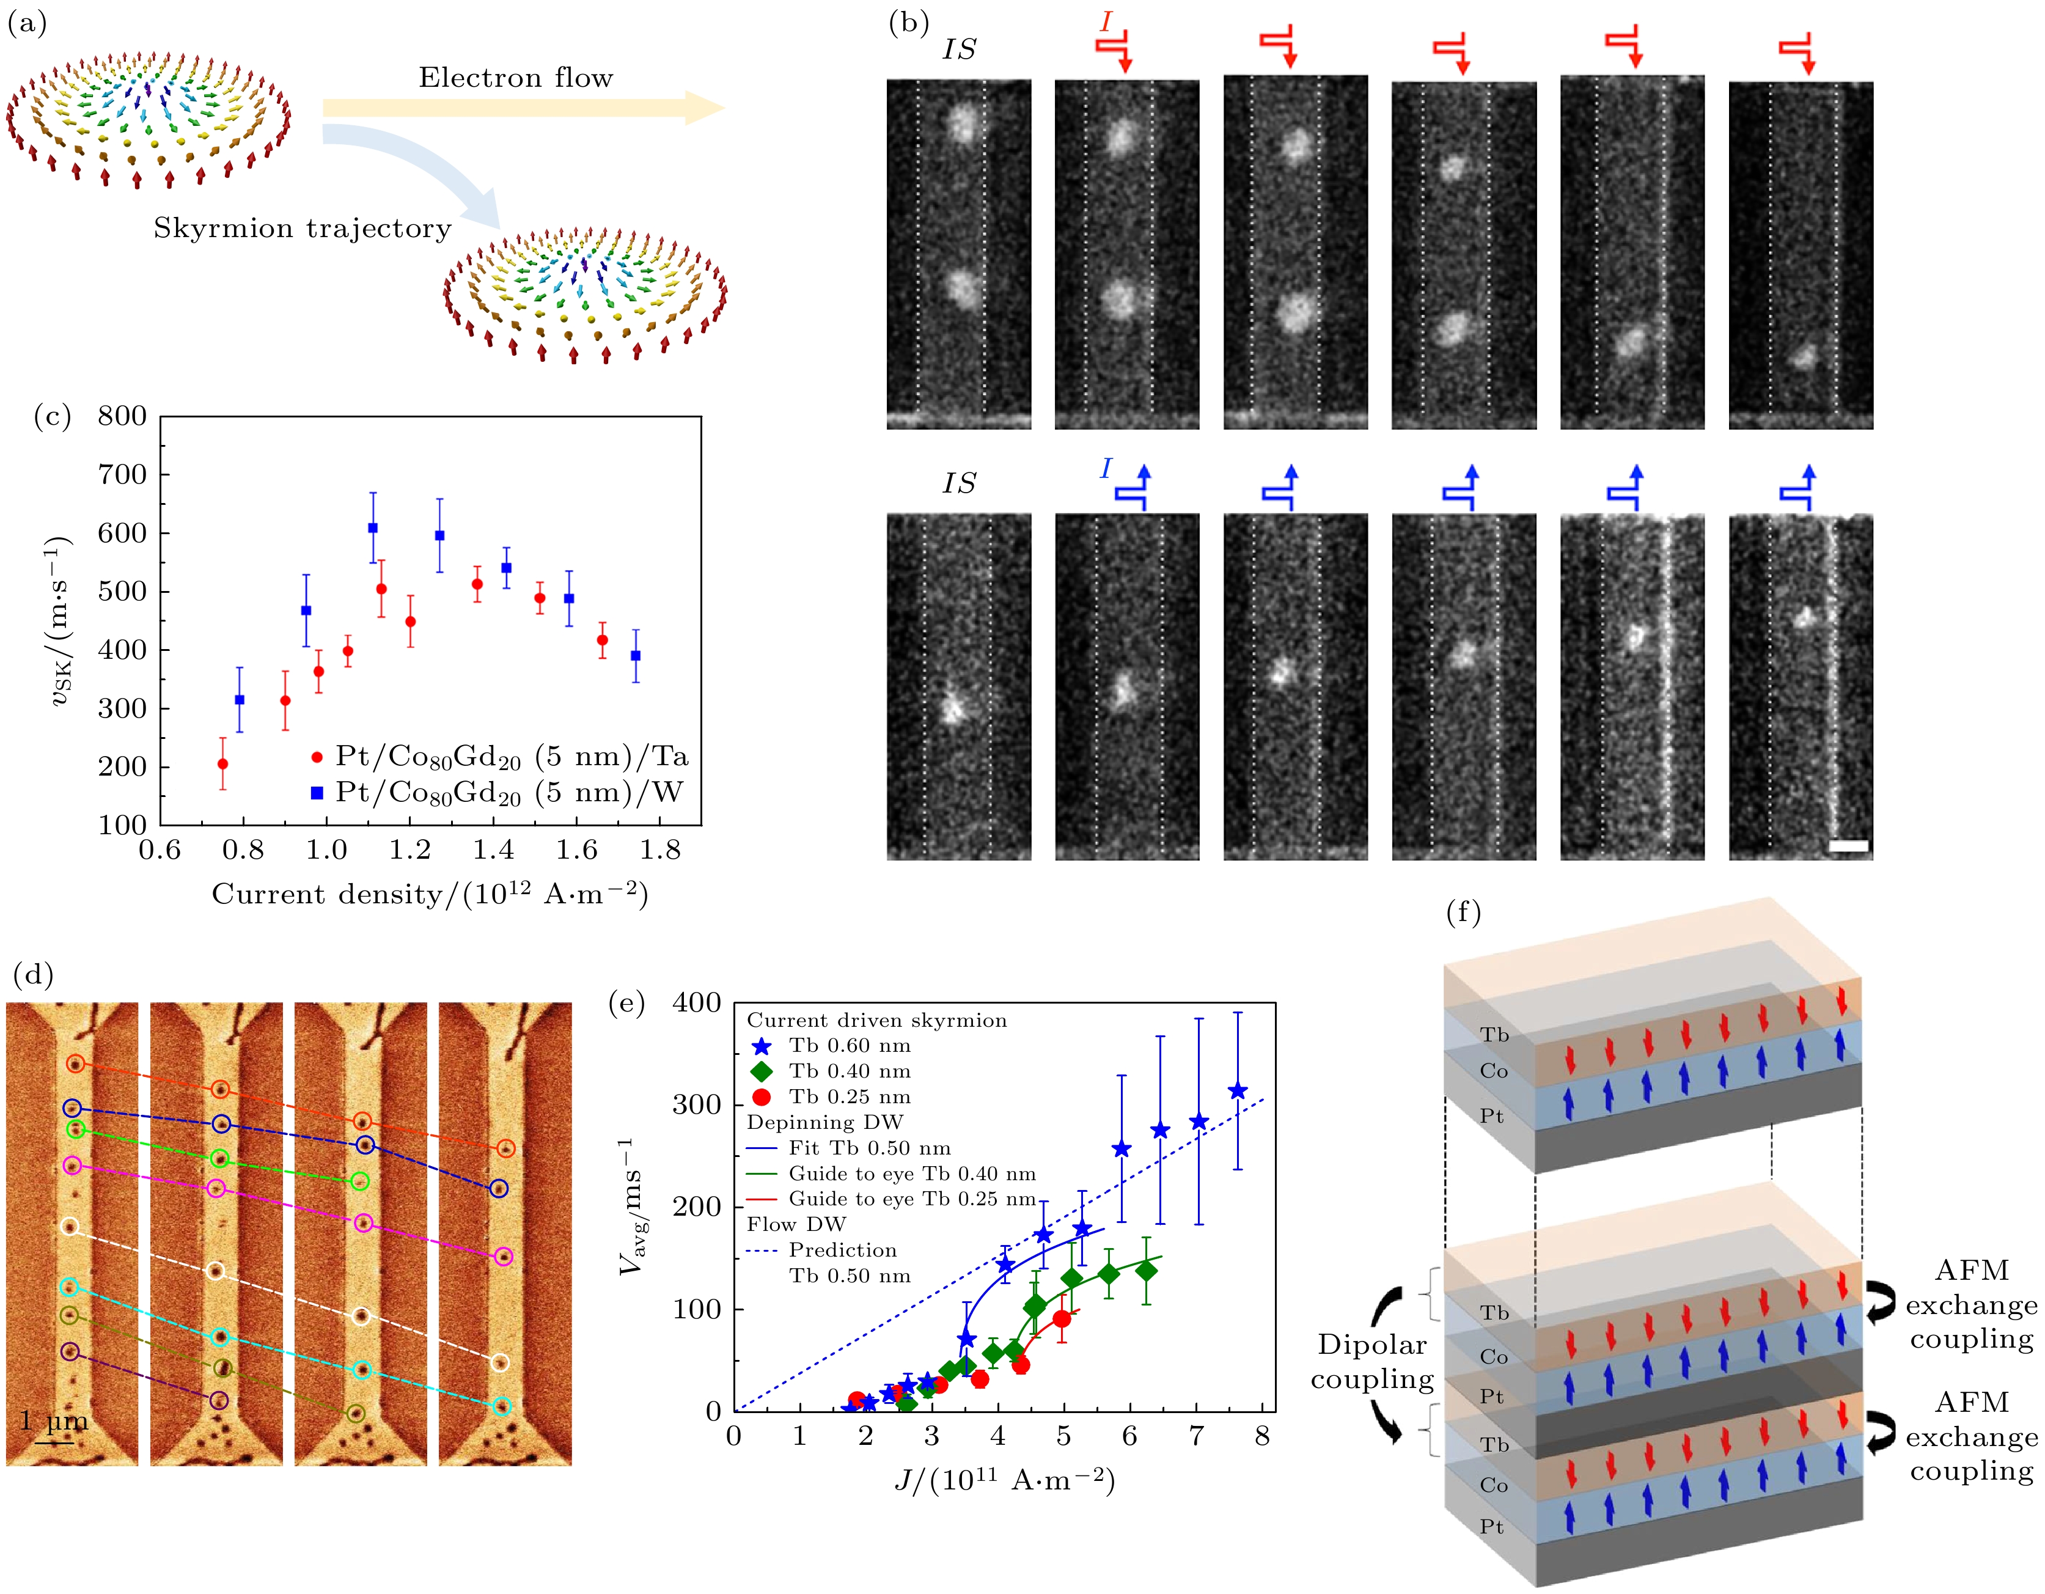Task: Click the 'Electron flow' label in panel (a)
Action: coord(515,78)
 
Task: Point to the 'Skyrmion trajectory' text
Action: coord(303,229)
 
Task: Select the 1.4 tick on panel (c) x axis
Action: coord(493,850)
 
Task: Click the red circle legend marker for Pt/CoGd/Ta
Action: coord(317,757)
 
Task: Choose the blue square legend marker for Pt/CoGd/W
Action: coord(317,793)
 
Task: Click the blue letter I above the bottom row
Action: coord(1106,468)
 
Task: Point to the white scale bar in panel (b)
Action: coord(1848,847)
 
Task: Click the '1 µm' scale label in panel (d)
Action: coord(54,1422)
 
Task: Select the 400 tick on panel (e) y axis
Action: coord(697,1003)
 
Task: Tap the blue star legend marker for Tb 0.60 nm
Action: coord(762,1046)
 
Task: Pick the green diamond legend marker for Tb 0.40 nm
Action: coord(762,1071)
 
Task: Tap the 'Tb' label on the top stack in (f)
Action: coord(1494,1035)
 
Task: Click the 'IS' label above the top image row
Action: coord(959,50)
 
